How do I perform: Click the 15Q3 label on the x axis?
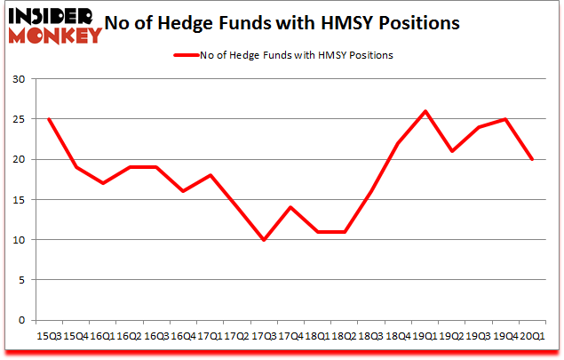[48, 336]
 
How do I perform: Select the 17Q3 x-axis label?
[264, 336]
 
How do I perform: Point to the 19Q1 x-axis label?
[425, 336]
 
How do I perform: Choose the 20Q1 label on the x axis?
[533, 336]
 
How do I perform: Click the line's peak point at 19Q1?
[425, 111]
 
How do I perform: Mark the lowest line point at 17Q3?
[264, 240]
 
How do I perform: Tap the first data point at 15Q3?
[48, 119]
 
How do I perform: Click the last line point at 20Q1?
[533, 159]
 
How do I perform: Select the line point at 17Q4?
[290, 207]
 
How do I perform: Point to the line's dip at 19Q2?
[452, 151]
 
